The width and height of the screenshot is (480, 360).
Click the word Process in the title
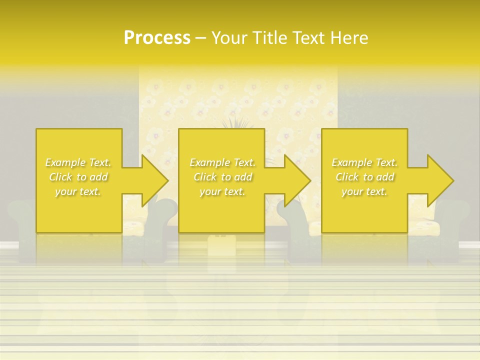click(157, 38)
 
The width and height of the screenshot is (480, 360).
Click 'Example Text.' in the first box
click(78, 162)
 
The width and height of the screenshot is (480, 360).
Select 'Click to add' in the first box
click(78, 177)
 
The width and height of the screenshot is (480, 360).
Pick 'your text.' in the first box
click(78, 191)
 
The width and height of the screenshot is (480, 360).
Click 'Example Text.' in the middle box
click(222, 162)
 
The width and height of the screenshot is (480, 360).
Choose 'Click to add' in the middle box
click(222, 177)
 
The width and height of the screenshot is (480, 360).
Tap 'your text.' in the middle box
click(222, 191)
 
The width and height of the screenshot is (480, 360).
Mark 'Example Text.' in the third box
click(364, 162)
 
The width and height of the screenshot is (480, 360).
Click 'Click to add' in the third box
click(364, 177)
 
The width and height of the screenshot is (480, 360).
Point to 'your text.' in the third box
click(364, 191)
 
